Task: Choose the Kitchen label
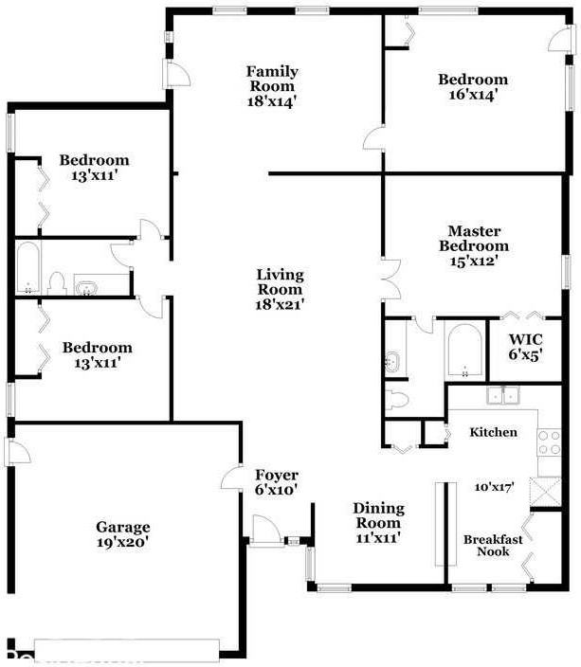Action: coord(494,432)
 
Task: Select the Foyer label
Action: coord(277,476)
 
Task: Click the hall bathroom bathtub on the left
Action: coord(27,268)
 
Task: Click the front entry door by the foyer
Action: coord(265,531)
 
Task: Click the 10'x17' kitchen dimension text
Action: coord(494,487)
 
